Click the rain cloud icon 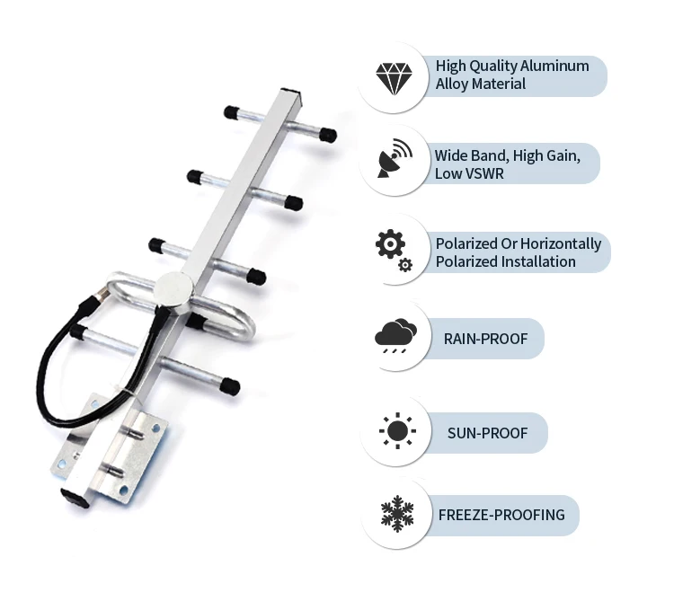pos(395,338)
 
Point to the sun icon pos(396,432)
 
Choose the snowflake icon pos(395,515)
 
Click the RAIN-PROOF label pos(485,339)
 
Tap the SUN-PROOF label pos(487,433)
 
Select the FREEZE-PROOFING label pos(501,515)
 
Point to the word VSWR pos(485,173)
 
